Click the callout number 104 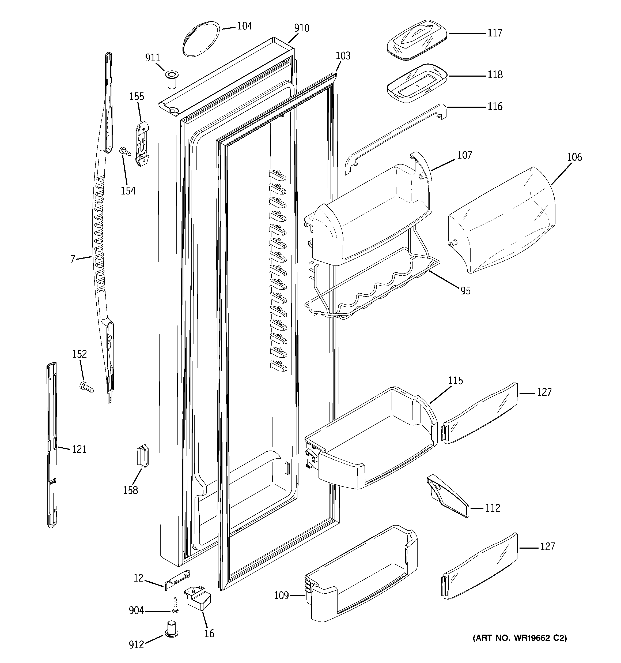click(x=244, y=26)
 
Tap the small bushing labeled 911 click(x=172, y=79)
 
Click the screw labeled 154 click(x=125, y=151)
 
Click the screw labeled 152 click(x=86, y=388)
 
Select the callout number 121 click(x=79, y=449)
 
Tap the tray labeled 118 click(x=417, y=83)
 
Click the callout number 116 click(x=495, y=107)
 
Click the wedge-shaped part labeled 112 click(x=448, y=496)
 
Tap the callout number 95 click(x=465, y=291)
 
